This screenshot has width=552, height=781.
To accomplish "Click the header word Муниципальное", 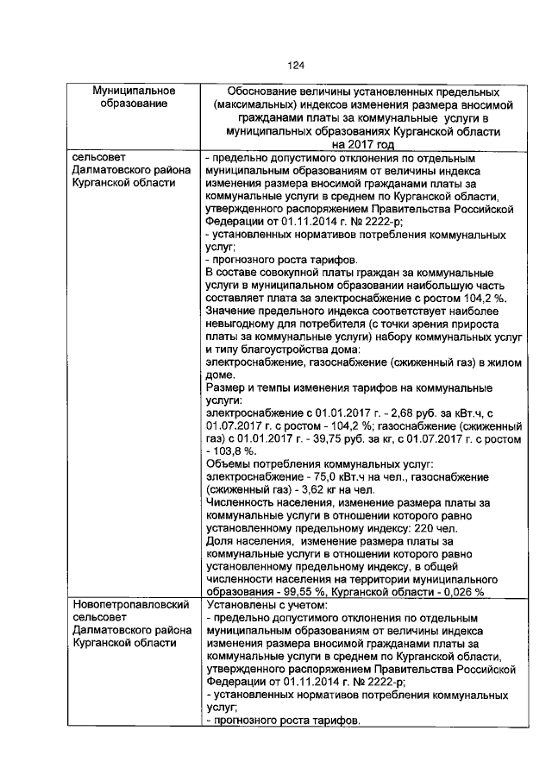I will pos(135,91).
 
